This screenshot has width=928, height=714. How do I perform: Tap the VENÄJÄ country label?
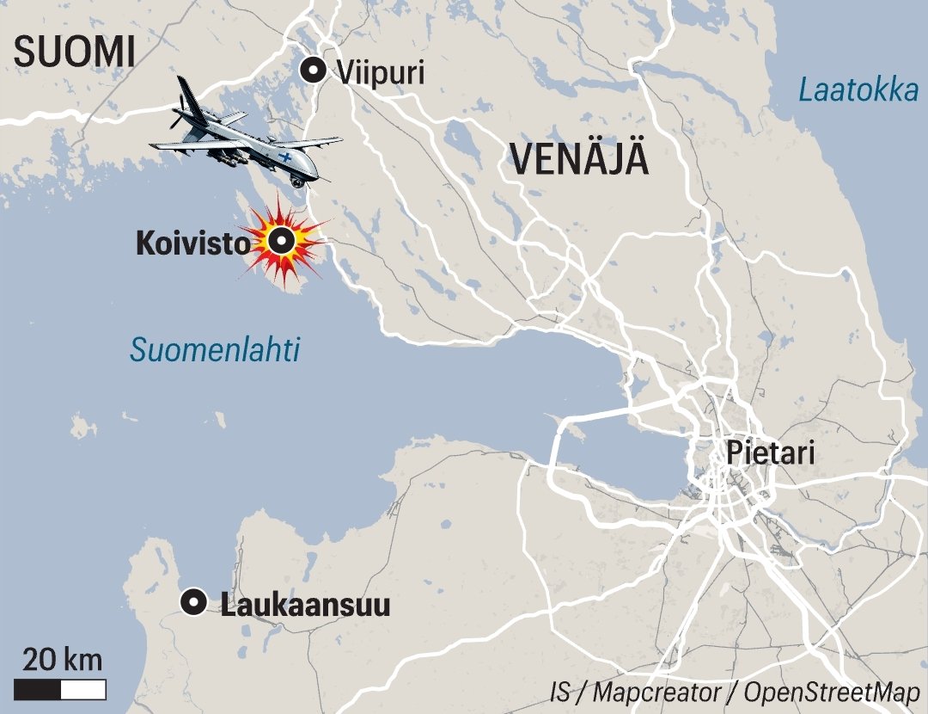[579, 159]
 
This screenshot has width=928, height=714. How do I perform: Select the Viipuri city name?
[381, 72]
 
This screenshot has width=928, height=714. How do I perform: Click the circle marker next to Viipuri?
[313, 71]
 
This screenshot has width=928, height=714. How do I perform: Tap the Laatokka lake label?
[858, 89]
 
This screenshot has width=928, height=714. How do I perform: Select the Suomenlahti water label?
[215, 350]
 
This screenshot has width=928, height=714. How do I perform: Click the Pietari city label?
[770, 452]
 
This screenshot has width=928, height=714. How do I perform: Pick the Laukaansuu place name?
[305, 605]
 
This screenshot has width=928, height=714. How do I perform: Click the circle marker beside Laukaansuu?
[195, 603]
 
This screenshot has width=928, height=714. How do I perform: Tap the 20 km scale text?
[62, 661]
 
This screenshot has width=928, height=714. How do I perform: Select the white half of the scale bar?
[83, 689]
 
